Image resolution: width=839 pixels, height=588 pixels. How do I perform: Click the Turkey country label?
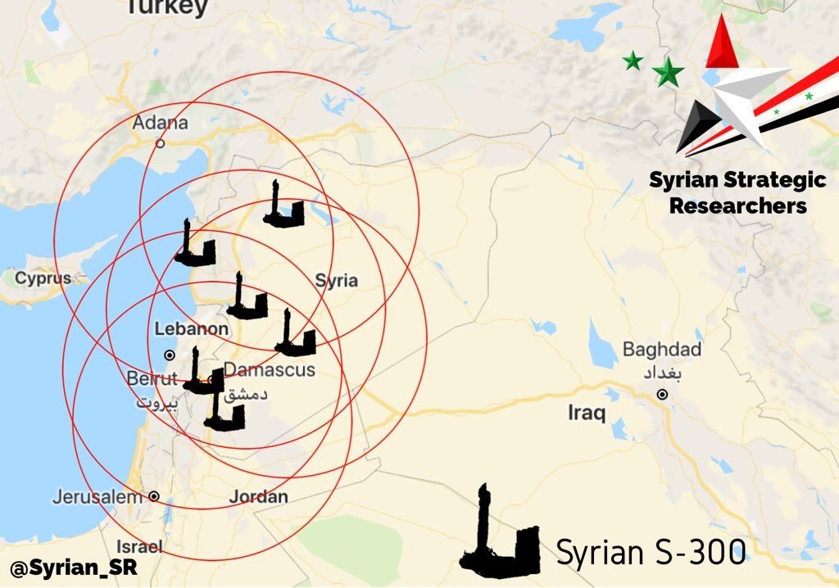coord(166,7)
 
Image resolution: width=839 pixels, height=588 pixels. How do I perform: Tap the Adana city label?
coord(161,124)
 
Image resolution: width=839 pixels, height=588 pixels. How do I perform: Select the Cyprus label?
coord(43,278)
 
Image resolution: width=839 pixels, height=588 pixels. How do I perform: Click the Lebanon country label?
coord(192,329)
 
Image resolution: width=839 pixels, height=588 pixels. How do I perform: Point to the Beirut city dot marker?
coord(170,355)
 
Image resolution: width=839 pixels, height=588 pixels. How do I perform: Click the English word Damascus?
coord(270,370)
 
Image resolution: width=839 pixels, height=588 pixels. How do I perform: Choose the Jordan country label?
coord(258,496)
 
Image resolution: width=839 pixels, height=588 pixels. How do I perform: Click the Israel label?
coord(139,546)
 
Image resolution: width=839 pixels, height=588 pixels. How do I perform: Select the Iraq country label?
coord(587,413)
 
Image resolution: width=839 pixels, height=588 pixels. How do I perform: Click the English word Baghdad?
coord(662,351)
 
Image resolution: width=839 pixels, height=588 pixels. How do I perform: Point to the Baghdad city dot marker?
coord(662,395)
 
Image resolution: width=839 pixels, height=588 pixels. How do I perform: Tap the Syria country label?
coord(337,281)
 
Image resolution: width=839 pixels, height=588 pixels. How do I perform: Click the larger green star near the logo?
coord(669,73)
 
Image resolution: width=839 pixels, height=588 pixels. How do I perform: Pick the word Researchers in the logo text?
coord(737,206)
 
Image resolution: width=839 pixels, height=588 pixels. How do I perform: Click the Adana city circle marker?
coord(161,142)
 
